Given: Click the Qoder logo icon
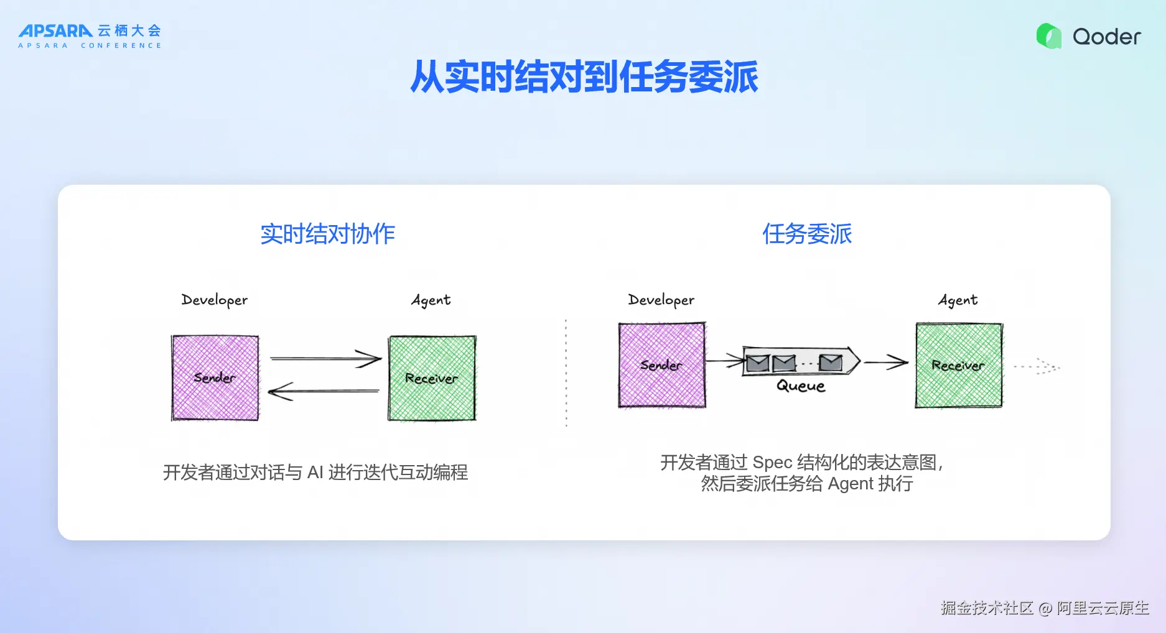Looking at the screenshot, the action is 1049,36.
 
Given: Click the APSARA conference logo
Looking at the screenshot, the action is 90,36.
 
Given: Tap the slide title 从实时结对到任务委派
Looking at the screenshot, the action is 584,77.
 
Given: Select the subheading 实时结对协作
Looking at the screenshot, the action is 327,234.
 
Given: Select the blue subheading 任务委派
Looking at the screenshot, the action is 807,234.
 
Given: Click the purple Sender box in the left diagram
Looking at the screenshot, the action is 215,378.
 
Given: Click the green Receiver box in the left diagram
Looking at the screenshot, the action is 432,378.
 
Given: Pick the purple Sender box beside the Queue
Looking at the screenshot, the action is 662,365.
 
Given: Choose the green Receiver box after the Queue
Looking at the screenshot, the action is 959,365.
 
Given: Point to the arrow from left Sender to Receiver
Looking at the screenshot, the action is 325,359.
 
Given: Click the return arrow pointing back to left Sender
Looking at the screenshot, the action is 324,391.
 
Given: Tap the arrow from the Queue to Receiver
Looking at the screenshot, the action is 886,362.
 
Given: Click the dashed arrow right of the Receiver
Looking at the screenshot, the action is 1037,366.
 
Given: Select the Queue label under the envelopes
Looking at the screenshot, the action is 801,386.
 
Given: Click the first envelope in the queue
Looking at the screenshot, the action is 758,363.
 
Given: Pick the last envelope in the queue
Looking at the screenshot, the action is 831,363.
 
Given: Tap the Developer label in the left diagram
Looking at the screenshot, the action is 214,300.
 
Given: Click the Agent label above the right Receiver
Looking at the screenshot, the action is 958,300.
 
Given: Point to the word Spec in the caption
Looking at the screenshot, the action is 772,463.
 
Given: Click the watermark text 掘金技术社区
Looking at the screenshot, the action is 987,608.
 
